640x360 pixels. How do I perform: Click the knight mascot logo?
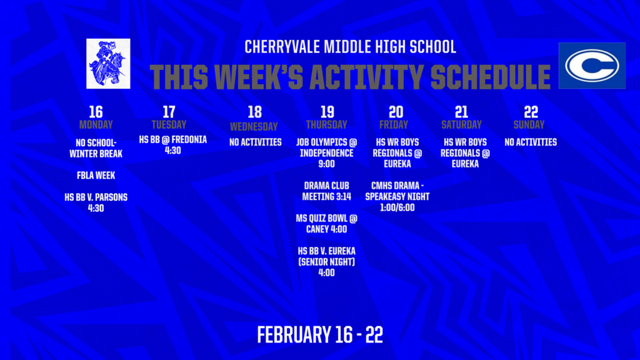[x=108, y=63]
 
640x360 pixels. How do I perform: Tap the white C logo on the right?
[x=591, y=66]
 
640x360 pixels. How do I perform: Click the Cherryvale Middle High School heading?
[x=350, y=47]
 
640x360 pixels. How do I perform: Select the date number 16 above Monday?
[x=96, y=112]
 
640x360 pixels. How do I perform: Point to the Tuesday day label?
[x=169, y=124]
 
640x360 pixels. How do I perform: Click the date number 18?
[x=255, y=112]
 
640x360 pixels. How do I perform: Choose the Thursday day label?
[x=326, y=124]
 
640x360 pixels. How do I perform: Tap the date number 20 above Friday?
[x=396, y=112]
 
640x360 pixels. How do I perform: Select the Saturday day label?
[x=461, y=124]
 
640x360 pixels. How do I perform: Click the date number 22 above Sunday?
[x=531, y=112]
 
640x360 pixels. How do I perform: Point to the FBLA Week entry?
[x=96, y=176]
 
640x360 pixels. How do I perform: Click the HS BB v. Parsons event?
[x=96, y=202]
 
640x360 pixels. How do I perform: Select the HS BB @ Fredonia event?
[x=172, y=145]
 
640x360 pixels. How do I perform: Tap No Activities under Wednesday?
[x=255, y=142]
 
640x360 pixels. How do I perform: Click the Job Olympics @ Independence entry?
[x=326, y=153]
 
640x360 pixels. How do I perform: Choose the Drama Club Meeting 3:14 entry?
[x=326, y=191]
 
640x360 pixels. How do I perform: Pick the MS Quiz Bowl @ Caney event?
[x=326, y=224]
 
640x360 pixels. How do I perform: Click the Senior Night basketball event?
[x=326, y=261]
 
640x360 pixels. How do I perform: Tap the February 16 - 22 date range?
[x=320, y=334]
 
